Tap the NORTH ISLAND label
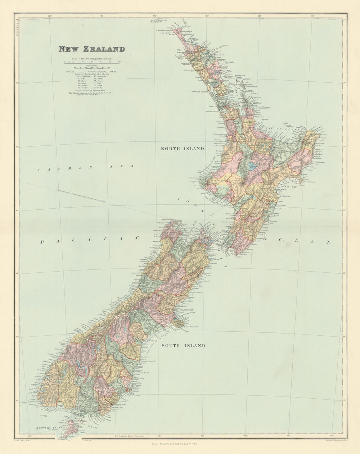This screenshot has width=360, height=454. coord(182,149)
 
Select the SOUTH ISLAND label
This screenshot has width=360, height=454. coord(183,346)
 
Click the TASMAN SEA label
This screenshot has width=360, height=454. coord(86,167)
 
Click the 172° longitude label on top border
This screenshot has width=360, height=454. coord(154,16)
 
